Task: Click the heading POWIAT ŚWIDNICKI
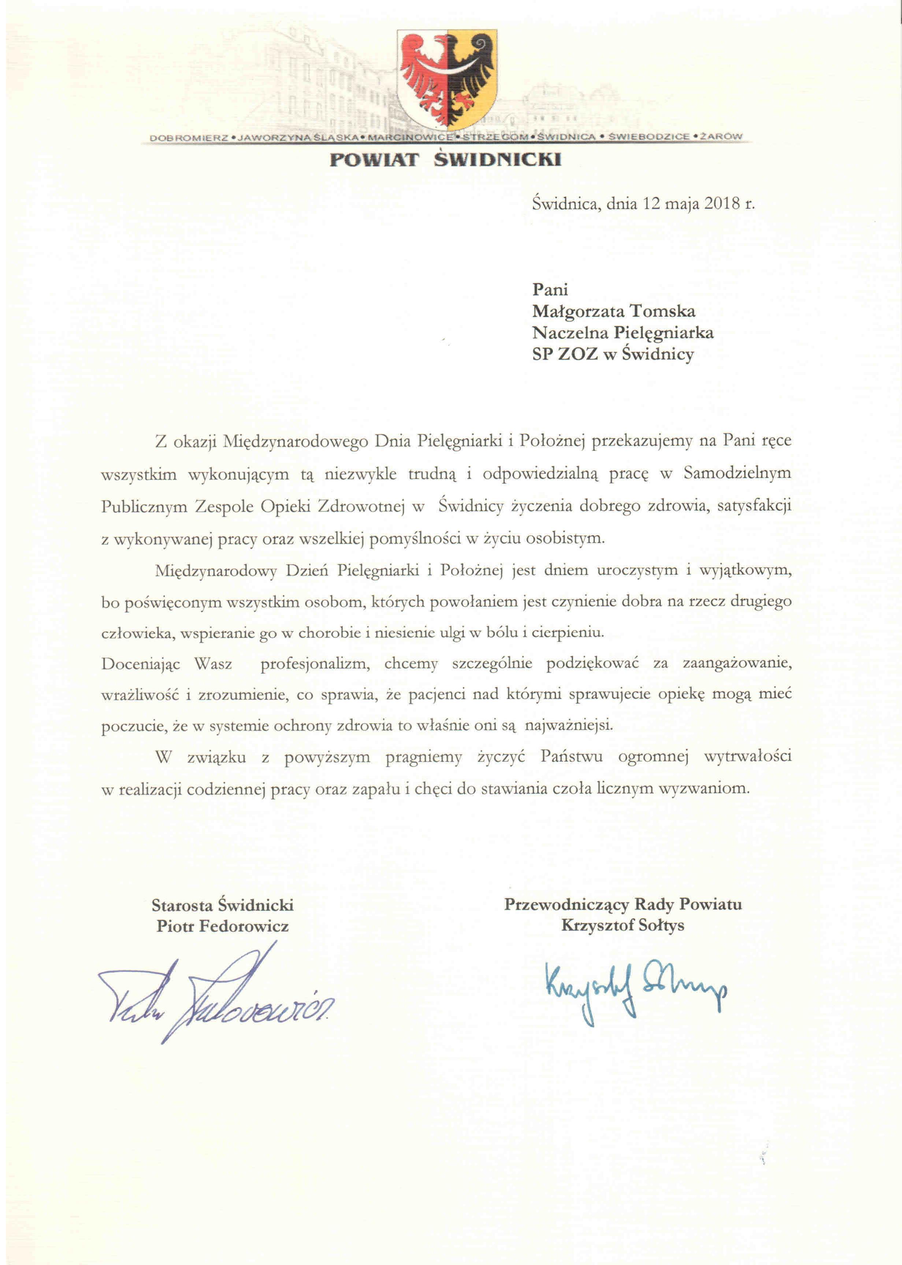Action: click(x=446, y=160)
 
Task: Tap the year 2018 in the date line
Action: click(x=722, y=203)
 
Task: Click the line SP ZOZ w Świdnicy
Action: click(x=613, y=354)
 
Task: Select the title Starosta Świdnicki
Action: click(x=223, y=905)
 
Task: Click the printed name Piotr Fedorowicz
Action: click(x=223, y=926)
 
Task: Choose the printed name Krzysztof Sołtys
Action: click(x=623, y=926)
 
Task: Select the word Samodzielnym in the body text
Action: click(x=737, y=474)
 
